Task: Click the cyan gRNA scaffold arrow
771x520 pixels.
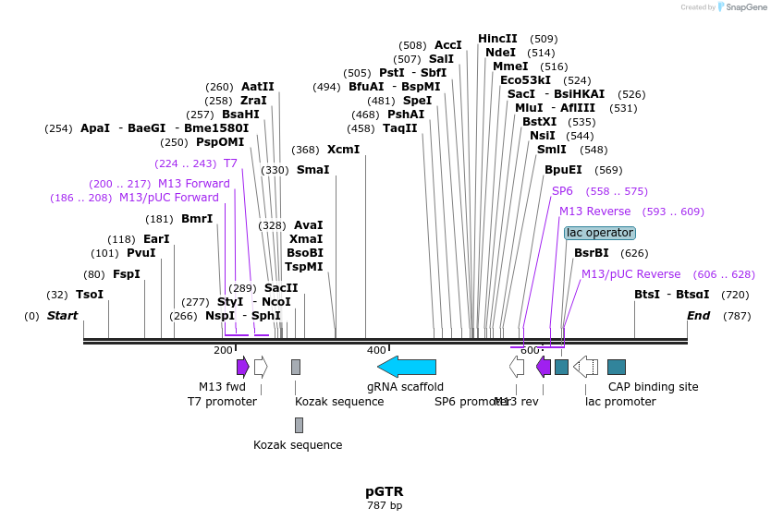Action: pyautogui.click(x=407, y=367)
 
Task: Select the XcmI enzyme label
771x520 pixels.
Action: pyautogui.click(x=343, y=150)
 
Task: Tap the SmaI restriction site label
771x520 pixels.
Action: pyautogui.click(x=312, y=170)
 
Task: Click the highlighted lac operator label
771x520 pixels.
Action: pyautogui.click(x=600, y=233)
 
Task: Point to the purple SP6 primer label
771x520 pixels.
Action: pyautogui.click(x=562, y=191)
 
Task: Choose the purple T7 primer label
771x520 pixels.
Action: pyautogui.click(x=230, y=163)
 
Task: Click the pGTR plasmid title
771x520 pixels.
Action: pyautogui.click(x=385, y=491)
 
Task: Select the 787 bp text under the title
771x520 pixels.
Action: pyautogui.click(x=385, y=506)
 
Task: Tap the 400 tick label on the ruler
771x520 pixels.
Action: pyautogui.click(x=376, y=350)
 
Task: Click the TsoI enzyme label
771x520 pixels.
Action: pyautogui.click(x=90, y=295)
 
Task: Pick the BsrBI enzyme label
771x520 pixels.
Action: pyautogui.click(x=592, y=253)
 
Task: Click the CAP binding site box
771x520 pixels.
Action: pyautogui.click(x=617, y=367)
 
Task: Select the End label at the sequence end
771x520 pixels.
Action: pyautogui.click(x=698, y=316)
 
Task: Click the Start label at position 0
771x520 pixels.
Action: pyautogui.click(x=63, y=316)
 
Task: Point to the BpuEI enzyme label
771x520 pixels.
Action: pyautogui.click(x=563, y=170)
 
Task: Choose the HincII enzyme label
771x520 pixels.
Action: pyautogui.click(x=497, y=39)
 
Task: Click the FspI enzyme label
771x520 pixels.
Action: pyautogui.click(x=126, y=274)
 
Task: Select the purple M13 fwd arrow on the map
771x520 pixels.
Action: pyautogui.click(x=243, y=367)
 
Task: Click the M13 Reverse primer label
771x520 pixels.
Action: pyautogui.click(x=594, y=212)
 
